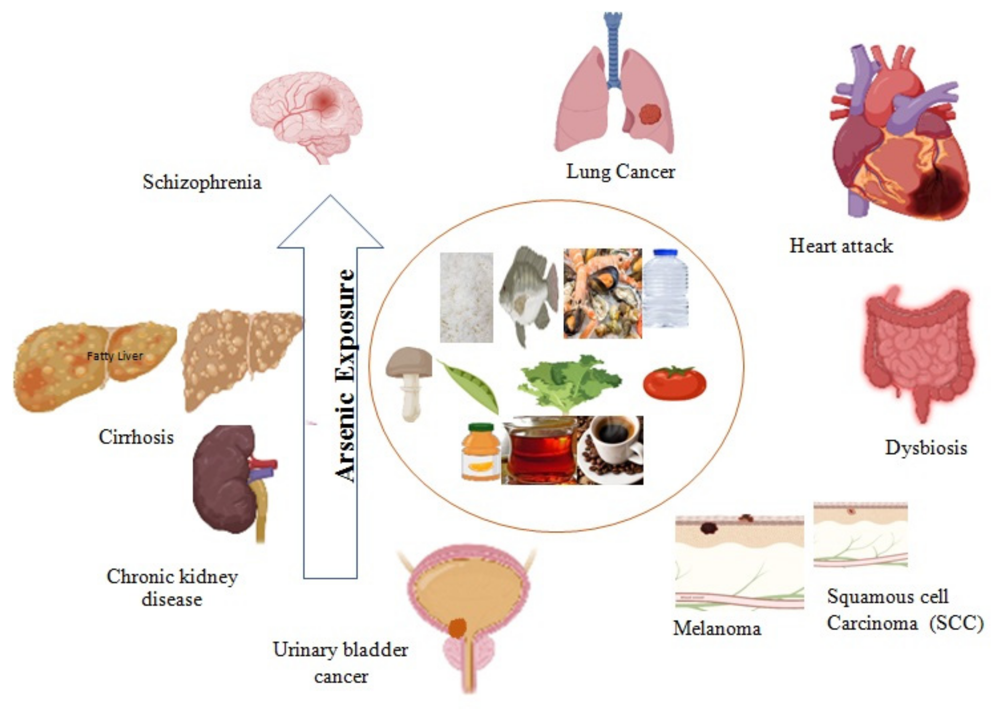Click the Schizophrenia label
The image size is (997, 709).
(202, 182)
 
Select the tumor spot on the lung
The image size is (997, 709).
(649, 114)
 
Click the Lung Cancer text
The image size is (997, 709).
(620, 172)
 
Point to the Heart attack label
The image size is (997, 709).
(841, 246)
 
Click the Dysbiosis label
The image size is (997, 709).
(926, 448)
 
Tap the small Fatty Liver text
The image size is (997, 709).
(115, 356)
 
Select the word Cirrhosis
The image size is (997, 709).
(136, 437)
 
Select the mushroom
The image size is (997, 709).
(409, 380)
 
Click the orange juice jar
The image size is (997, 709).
(480, 452)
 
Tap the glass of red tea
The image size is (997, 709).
(540, 452)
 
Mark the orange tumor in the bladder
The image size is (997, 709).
(457, 627)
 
